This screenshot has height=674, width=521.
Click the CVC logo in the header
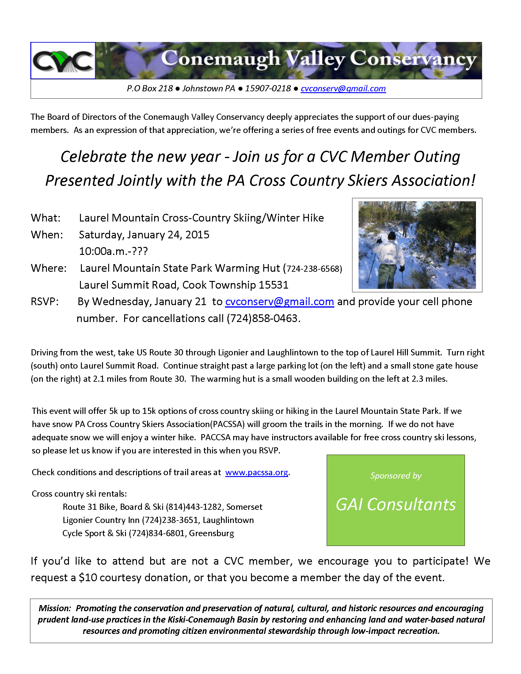coord(63,60)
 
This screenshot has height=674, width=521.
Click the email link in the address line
coord(343,89)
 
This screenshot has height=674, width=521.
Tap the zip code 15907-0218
coord(268,89)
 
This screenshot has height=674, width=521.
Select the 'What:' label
coord(46,218)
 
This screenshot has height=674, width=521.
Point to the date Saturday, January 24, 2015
coord(144,235)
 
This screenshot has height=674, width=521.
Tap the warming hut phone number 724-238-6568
coord(313,269)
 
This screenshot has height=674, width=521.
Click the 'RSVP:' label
coord(44,301)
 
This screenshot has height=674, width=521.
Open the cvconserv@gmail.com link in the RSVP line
coord(279,301)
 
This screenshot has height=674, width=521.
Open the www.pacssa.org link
coord(257,472)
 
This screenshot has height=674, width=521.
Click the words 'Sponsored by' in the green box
coord(396,475)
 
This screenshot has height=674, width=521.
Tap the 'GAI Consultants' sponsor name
coord(396,505)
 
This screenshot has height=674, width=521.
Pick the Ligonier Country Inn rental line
coord(158,520)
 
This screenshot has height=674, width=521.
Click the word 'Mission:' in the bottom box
coord(55,608)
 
